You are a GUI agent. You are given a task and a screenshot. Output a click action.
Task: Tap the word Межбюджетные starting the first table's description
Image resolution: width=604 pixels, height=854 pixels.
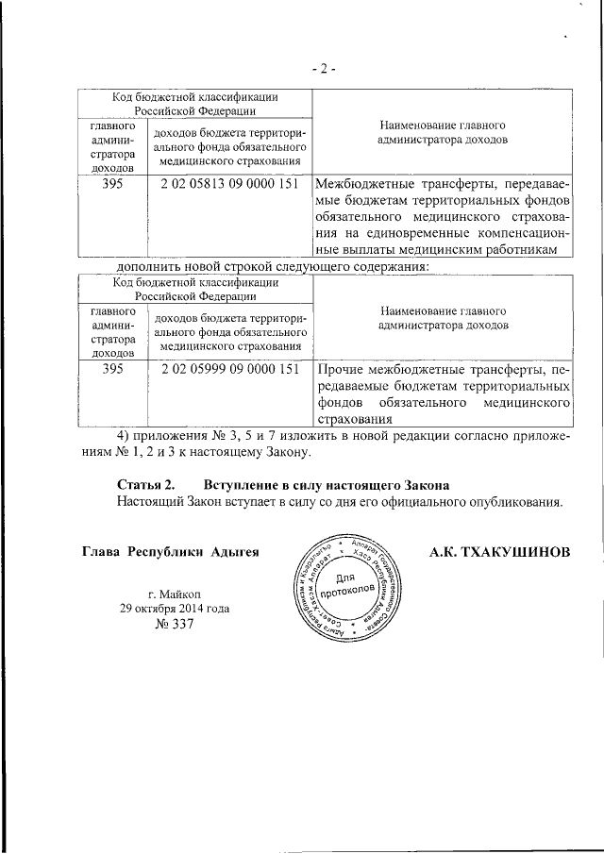364,184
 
